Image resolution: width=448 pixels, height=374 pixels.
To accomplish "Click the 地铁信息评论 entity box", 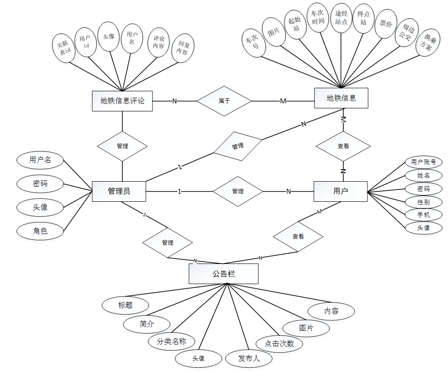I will [x=122, y=101].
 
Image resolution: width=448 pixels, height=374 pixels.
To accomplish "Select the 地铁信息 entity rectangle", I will [x=341, y=98].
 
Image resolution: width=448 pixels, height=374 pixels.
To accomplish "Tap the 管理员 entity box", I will [x=119, y=191].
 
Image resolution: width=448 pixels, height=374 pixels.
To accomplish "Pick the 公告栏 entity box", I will [x=224, y=273].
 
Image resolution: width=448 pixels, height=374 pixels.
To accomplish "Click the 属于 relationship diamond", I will [x=224, y=101].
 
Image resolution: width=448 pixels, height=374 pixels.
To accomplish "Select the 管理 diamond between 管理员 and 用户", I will [x=238, y=191].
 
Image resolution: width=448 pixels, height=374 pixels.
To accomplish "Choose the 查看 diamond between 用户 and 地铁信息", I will [x=343, y=146].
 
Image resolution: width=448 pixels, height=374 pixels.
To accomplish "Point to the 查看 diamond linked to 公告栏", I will [x=298, y=237].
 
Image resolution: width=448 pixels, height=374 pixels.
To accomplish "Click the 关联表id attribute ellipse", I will [x=64, y=48].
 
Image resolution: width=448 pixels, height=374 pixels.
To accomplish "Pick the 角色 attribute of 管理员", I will [x=40, y=231].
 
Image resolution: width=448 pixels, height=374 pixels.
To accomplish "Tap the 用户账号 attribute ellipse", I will [x=423, y=162].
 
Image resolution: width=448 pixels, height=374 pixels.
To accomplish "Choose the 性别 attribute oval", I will [x=423, y=202].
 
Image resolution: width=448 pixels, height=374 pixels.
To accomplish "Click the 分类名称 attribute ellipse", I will [x=172, y=342].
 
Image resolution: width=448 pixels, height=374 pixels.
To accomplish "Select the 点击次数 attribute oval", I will [x=279, y=344].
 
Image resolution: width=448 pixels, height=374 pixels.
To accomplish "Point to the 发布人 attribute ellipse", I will [x=249, y=358].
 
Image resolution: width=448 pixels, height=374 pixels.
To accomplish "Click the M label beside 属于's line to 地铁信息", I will [x=283, y=101].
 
